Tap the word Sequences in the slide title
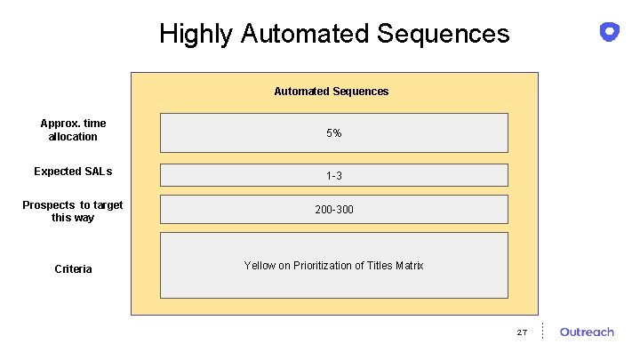tap(443, 34)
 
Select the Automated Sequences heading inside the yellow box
tap(331, 92)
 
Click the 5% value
tap(333, 133)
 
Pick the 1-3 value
tap(333, 176)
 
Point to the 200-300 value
tap(333, 210)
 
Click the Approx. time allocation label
tap(73, 130)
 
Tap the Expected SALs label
tap(73, 172)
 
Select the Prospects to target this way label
tap(73, 212)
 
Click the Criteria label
tap(73, 269)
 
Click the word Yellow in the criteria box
tap(260, 266)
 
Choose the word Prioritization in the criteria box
tap(322, 266)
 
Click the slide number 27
tap(522, 332)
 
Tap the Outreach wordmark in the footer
tap(587, 332)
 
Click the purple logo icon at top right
tap(609, 32)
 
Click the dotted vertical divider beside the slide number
tap(542, 331)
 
